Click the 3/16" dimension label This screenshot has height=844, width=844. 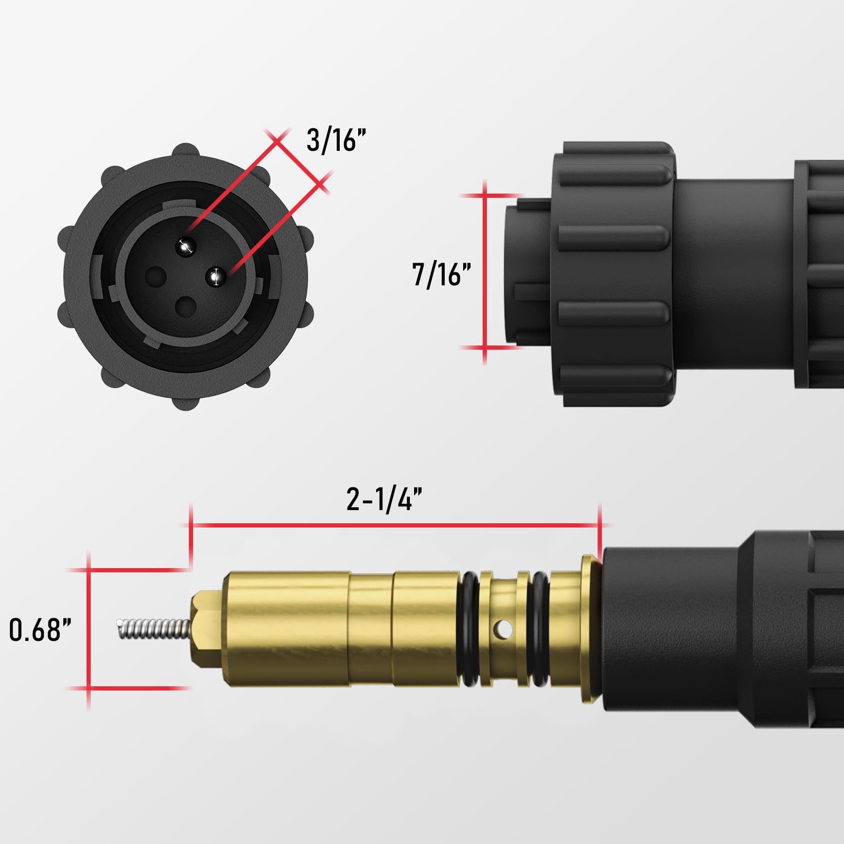click(336, 140)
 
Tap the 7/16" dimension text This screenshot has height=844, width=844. click(441, 274)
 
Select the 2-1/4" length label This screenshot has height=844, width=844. click(385, 498)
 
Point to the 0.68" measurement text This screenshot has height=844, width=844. click(41, 630)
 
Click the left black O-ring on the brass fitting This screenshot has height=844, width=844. click(471, 629)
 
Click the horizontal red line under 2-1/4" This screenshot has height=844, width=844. click(396, 525)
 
